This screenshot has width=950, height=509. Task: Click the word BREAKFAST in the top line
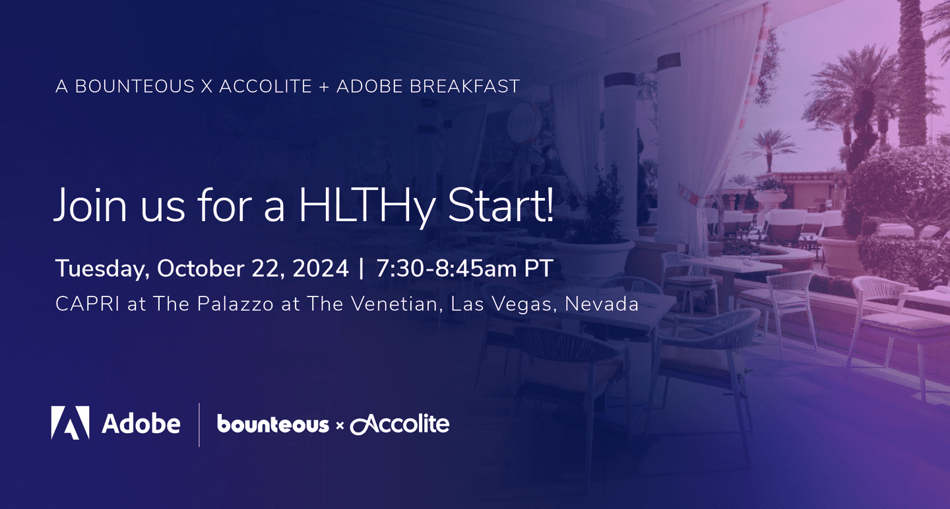[x=464, y=86]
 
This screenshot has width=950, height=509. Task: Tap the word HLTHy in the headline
[x=367, y=206]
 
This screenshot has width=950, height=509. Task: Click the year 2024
[x=321, y=269]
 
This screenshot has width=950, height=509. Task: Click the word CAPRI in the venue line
[x=87, y=304]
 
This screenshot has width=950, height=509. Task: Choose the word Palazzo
[x=236, y=304]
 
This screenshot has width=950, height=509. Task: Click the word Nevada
[x=602, y=304]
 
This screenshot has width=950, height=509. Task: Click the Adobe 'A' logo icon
[x=71, y=423]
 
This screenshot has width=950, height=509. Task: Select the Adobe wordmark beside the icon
[x=141, y=424]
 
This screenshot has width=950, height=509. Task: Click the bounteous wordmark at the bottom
[x=272, y=424]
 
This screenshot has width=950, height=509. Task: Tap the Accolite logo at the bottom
[x=400, y=424]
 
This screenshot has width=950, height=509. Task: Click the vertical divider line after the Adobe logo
[x=199, y=424]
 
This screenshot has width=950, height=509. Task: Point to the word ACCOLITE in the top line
[x=265, y=86]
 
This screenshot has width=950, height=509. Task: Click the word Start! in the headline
[x=501, y=205]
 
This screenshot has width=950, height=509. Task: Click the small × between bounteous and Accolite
[x=339, y=425]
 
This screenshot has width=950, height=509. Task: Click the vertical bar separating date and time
[x=361, y=269]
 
